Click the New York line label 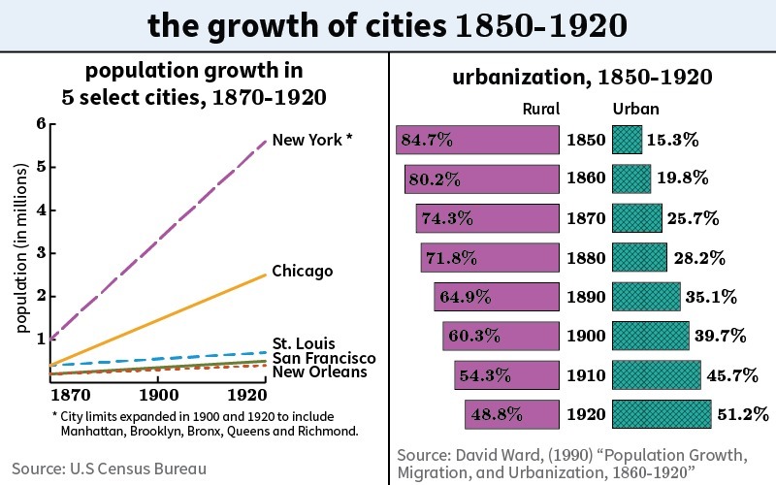[x=307, y=140]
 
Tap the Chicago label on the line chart [x=303, y=271]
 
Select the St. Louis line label [x=304, y=343]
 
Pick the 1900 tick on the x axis [x=157, y=396]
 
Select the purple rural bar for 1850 [x=477, y=140]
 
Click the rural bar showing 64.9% [x=495, y=297]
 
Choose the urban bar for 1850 [x=627, y=140]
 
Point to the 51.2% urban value [x=743, y=415]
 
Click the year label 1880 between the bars [x=585, y=258]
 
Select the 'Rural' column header [x=541, y=109]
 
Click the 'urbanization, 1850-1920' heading [x=584, y=77]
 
